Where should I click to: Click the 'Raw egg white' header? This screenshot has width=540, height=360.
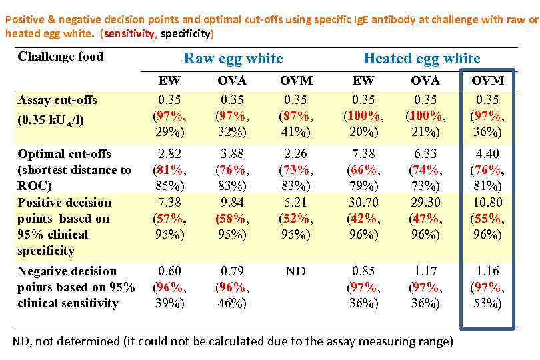[x=233, y=59]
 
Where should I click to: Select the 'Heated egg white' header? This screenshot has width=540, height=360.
[x=421, y=59]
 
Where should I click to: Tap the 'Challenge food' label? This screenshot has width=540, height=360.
[x=61, y=57]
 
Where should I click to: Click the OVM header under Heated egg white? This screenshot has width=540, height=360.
[x=487, y=81]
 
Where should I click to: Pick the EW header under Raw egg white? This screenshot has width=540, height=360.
[x=169, y=81]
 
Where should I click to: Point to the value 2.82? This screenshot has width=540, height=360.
[x=169, y=153]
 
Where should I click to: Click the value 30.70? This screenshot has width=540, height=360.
[x=363, y=202]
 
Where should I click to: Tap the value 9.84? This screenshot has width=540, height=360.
[x=232, y=202]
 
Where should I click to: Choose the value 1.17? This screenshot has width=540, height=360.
[x=425, y=271]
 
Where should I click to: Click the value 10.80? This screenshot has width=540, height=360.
[x=487, y=202]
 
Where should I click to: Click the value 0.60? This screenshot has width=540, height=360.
[x=169, y=271]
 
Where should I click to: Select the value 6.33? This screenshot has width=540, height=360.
[x=425, y=153]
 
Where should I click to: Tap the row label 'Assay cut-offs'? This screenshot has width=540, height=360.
[x=57, y=100]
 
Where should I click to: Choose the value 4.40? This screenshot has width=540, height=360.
[x=487, y=153]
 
